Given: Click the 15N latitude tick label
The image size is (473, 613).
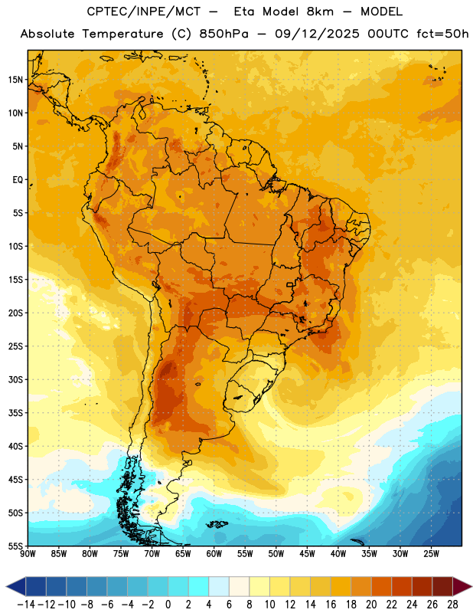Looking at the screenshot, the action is pyautogui.click(x=15, y=80).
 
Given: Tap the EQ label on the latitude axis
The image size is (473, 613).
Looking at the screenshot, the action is pyautogui.click(x=18, y=180).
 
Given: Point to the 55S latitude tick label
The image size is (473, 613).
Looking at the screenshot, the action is pyautogui.click(x=15, y=546).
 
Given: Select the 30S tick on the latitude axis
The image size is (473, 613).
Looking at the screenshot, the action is pyautogui.click(x=15, y=379).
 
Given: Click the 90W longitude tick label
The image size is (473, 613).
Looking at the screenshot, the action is pyautogui.click(x=28, y=554).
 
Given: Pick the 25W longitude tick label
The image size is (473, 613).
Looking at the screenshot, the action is pyautogui.click(x=431, y=554).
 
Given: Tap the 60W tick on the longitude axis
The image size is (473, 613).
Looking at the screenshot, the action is pyautogui.click(x=214, y=554).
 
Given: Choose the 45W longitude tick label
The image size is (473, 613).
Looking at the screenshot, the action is pyautogui.click(x=307, y=554).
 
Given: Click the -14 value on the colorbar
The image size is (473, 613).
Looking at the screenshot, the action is pyautogui.click(x=26, y=605).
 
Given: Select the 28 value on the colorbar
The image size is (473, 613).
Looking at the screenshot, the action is pyautogui.click(x=452, y=605).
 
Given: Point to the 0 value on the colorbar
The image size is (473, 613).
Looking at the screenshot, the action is pyautogui.click(x=168, y=605).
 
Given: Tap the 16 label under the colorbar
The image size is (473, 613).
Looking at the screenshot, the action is pyautogui.click(x=331, y=605).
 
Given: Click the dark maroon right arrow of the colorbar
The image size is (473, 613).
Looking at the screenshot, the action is pyautogui.click(x=462, y=586).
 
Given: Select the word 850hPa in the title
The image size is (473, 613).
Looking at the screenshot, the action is pyautogui.click(x=223, y=34).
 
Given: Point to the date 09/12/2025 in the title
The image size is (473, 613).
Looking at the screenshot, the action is pyautogui.click(x=317, y=34).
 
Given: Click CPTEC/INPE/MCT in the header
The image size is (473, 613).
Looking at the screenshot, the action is pyautogui.click(x=144, y=11).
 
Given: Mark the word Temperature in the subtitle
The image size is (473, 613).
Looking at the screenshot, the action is pyautogui.click(x=122, y=34).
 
